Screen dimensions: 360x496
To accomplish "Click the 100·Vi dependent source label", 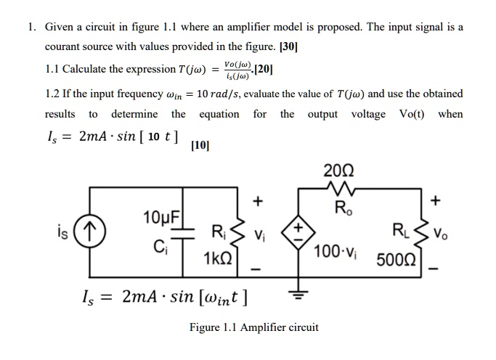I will click(x=336, y=251).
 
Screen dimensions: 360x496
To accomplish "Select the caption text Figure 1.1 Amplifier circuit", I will click(x=253, y=327).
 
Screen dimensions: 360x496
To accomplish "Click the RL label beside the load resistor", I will click(x=419, y=234).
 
